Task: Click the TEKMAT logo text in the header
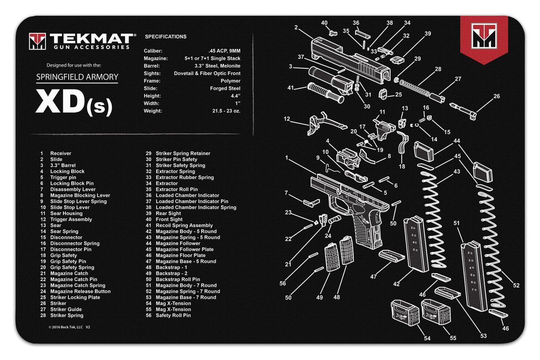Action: tap(90, 39)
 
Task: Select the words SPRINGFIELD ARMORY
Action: tap(77, 77)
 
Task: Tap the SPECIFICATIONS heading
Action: tap(165, 37)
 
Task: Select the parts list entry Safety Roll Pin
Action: tap(173, 315)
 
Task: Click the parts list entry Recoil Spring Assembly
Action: tap(184, 225)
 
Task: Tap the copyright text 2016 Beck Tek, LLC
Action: tap(67, 327)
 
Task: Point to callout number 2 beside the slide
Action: tap(296, 27)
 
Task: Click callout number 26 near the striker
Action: tap(497, 96)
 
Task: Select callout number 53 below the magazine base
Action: tap(483, 336)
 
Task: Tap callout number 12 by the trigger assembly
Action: tap(287, 119)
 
